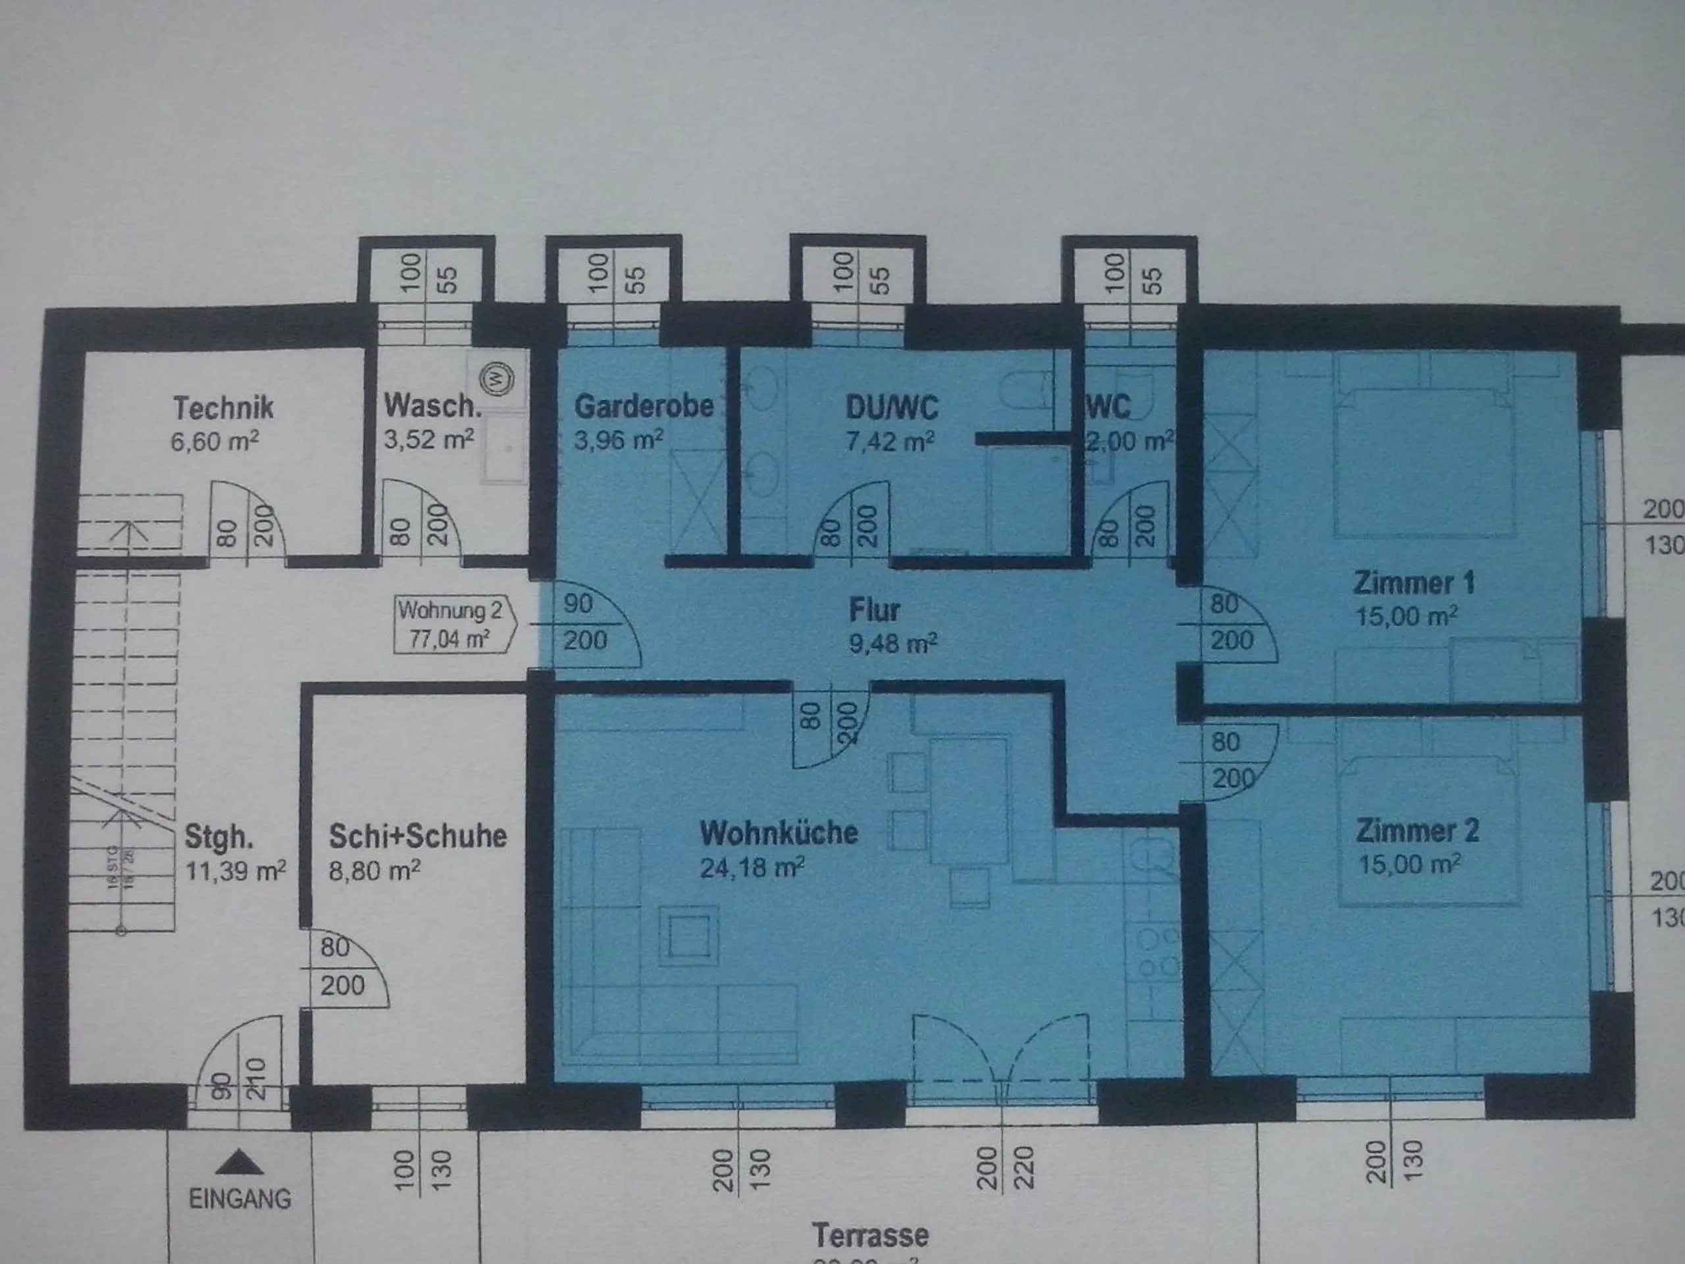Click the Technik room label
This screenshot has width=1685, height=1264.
point(223,408)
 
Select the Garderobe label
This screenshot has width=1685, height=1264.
point(644,406)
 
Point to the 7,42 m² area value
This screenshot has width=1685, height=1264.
point(890,441)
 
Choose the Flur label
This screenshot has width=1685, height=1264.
point(875,610)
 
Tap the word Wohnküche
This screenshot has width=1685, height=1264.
point(779,833)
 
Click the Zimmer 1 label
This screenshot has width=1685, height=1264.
point(1414,583)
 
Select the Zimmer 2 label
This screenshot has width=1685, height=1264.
point(1417,830)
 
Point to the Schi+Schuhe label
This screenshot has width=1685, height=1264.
point(417,836)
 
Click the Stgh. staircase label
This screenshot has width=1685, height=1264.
point(219,837)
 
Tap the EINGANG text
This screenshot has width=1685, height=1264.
point(240,1198)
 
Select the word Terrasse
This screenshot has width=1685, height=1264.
point(870,1234)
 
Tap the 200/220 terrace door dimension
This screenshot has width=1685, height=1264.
point(1004,1168)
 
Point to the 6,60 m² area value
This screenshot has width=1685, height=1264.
point(215,442)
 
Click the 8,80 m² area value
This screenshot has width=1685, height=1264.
point(374,870)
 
